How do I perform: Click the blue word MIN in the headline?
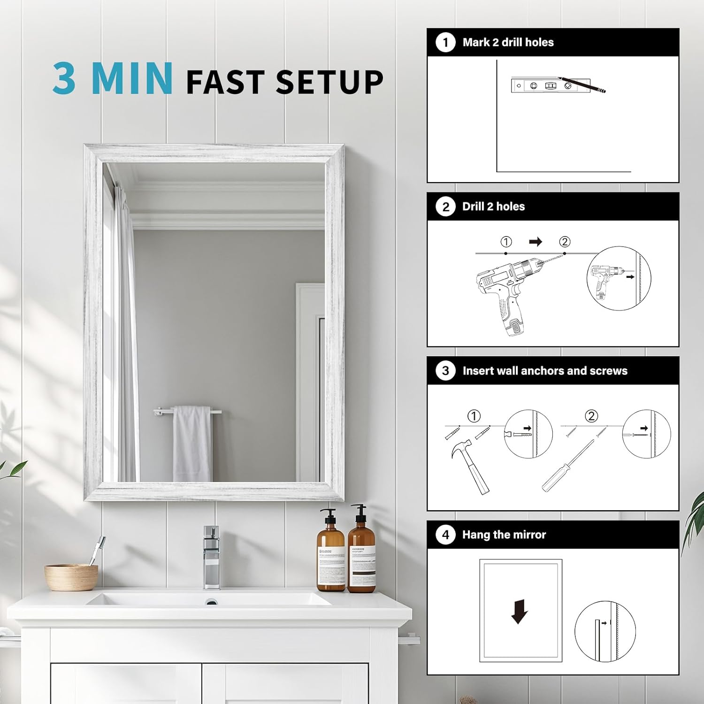(132, 79)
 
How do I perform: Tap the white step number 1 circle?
(445, 43)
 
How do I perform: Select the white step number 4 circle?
(445, 535)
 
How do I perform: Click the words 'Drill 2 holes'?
(493, 207)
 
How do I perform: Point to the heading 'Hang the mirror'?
(504, 535)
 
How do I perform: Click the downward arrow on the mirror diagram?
(520, 612)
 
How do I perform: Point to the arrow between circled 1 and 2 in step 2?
(536, 242)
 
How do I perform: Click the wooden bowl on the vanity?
(71, 577)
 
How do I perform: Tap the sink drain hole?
(212, 602)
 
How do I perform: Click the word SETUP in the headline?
(329, 82)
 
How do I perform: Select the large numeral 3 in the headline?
(64, 79)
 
